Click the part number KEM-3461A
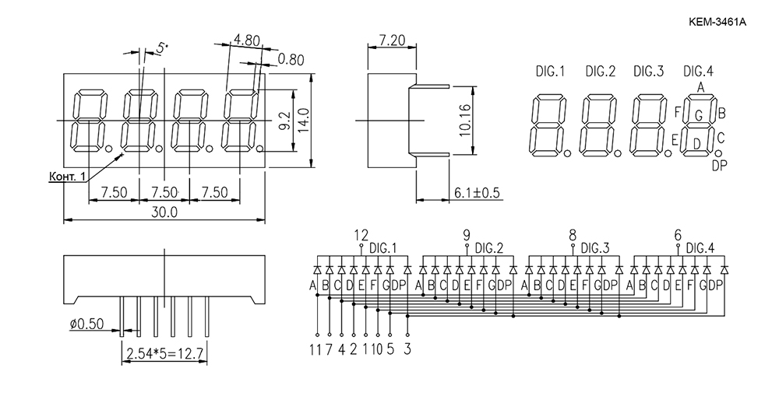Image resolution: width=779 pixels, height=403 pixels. point(717,22)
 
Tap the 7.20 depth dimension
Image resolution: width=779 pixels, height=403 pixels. point(392,40)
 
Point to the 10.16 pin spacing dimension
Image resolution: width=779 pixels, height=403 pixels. point(464,120)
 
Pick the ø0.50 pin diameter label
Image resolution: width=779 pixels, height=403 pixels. point(87,324)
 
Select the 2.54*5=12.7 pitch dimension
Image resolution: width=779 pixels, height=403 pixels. point(165,354)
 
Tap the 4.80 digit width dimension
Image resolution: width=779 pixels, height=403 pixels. point(247,40)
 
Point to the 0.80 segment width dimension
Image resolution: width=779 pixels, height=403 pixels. point(291,60)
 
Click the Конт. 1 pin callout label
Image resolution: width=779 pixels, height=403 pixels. point(67,176)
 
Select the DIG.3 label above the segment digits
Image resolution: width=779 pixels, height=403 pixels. point(648,72)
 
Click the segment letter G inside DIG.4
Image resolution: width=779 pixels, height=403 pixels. point(698,117)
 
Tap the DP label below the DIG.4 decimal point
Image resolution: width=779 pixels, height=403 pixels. point(719,166)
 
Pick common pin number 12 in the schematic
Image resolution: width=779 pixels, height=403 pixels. point(361,235)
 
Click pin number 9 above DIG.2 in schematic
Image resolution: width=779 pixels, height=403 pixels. point(467,235)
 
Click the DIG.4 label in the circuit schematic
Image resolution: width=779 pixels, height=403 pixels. point(700,247)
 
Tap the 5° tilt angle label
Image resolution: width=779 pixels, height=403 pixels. point(162,48)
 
